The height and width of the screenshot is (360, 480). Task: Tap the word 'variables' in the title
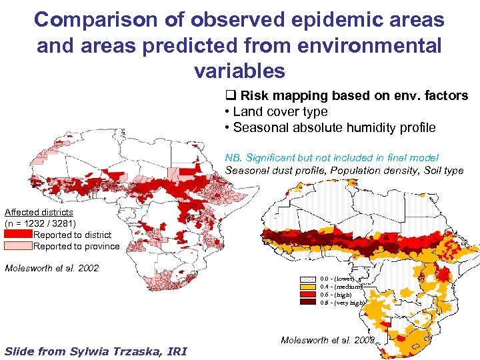(x=239, y=70)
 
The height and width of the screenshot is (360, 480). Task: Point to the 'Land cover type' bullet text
(x=280, y=111)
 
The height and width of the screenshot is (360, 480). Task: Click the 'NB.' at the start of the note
(x=233, y=158)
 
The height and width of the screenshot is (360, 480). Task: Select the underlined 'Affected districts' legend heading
(x=39, y=212)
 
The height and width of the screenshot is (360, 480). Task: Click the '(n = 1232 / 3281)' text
(x=40, y=223)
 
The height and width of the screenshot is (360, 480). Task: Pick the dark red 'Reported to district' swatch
(x=18, y=235)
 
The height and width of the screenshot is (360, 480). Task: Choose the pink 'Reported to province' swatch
(x=18, y=246)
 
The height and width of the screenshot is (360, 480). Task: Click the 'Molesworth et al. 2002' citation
(x=51, y=268)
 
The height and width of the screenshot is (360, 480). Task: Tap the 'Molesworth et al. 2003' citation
(x=327, y=340)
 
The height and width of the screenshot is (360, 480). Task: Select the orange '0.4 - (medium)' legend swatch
(x=308, y=287)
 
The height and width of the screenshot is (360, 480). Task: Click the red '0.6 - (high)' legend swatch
(x=308, y=295)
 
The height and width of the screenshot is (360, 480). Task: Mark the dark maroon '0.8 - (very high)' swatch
(x=308, y=303)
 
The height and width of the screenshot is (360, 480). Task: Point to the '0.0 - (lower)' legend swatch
(x=308, y=279)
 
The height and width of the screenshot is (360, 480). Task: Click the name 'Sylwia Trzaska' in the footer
(x=111, y=351)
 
